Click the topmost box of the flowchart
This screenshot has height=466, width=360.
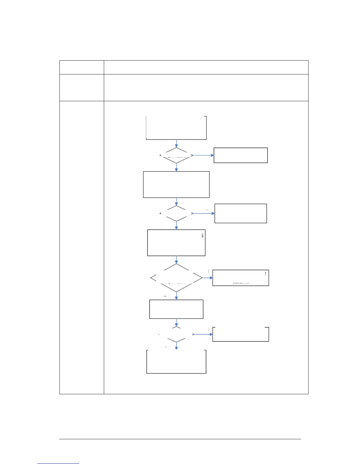[x=176, y=128]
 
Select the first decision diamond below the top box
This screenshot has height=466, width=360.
[x=176, y=155]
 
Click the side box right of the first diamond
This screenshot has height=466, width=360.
[x=241, y=155]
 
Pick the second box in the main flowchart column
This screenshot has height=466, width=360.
[x=176, y=184]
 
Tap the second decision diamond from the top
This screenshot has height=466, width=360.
[x=176, y=213]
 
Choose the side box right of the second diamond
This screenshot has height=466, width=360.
[x=241, y=213]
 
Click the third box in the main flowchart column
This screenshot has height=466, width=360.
[x=176, y=243]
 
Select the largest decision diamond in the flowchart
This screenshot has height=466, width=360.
[x=176, y=278]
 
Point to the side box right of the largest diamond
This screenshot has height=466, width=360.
[x=241, y=278]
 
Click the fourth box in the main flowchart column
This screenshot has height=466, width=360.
[x=176, y=309]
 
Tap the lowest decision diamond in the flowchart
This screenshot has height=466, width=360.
[x=176, y=334]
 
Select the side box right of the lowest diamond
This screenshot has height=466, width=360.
[x=241, y=334]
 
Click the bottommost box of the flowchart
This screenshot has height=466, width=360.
[x=176, y=362]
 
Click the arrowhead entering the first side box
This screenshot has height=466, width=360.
[x=212, y=155]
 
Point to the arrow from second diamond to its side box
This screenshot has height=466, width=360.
[x=204, y=213]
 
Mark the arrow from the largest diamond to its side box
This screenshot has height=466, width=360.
[x=208, y=278]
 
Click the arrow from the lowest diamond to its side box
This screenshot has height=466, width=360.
[x=203, y=334]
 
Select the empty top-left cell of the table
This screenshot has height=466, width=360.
[x=81, y=67]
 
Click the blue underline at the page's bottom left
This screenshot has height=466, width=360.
[x=58, y=463]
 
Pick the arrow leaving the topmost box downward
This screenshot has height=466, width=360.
[x=176, y=143]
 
